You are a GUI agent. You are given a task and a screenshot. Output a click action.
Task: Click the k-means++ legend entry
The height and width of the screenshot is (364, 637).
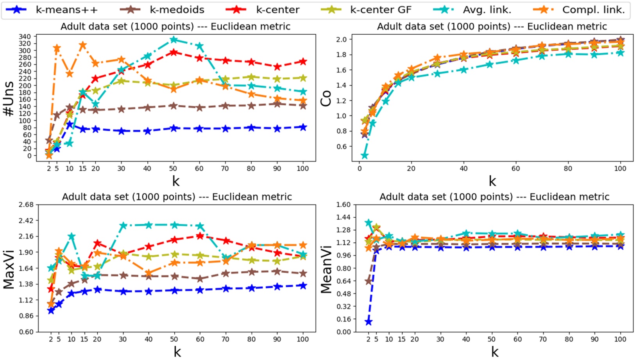pos(66,10)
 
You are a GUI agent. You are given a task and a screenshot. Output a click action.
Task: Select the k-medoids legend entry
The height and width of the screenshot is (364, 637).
pos(177,10)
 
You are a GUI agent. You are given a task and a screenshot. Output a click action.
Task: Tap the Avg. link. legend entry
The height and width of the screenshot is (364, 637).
pos(487,10)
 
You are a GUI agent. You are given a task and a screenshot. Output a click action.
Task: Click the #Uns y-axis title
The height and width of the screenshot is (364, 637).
pos(9,99)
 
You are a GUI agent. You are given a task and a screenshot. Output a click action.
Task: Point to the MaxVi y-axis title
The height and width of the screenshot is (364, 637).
pos(9,270)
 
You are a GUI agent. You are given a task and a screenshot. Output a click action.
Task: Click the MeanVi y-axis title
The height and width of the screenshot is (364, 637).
pos(326,270)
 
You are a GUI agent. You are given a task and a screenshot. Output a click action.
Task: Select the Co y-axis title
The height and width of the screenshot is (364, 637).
pos(326,98)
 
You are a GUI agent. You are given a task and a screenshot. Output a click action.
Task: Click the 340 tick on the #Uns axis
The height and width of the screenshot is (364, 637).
pos(25,37)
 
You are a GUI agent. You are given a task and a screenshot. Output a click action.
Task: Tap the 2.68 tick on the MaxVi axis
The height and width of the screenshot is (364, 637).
pos(26,204)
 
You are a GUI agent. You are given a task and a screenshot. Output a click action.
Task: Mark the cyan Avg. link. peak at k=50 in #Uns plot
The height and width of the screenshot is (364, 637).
pos(174,40)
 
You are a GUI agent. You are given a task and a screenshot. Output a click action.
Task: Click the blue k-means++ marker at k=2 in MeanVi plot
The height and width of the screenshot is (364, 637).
pos(368,322)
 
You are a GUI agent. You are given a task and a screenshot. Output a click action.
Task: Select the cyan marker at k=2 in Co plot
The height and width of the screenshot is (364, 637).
pos(365,156)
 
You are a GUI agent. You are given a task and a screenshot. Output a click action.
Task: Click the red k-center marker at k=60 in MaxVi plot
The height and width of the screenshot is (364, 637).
pos(200,236)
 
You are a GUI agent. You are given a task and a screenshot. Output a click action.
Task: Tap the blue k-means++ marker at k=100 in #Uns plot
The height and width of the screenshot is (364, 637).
pos(303,127)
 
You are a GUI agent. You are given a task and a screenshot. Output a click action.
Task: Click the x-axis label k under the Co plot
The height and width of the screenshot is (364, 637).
pos(492,181)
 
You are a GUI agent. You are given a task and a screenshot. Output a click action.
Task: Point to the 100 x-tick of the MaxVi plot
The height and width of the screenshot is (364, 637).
pos(303,339)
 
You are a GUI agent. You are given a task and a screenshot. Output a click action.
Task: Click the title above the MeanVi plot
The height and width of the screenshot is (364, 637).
pos(494,197)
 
